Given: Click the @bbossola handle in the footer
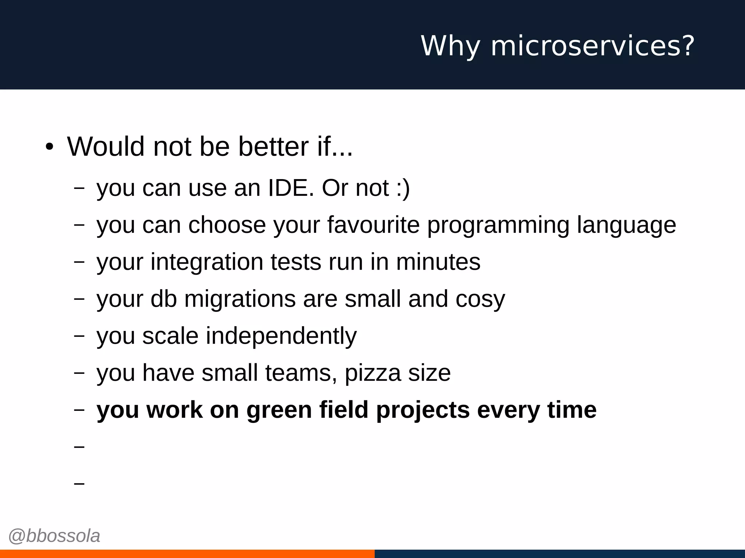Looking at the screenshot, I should [54, 536].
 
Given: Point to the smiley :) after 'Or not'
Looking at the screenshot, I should [403, 188].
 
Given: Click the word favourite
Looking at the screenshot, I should [374, 225].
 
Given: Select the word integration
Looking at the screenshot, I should [207, 262].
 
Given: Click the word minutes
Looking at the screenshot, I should [438, 262].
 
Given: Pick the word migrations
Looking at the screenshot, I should [240, 299].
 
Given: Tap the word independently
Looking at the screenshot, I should [281, 336].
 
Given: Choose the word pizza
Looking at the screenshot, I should [372, 373].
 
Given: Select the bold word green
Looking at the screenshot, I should [279, 411].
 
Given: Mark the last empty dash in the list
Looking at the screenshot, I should [79, 484].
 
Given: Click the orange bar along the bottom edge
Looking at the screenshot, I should [187, 554].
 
